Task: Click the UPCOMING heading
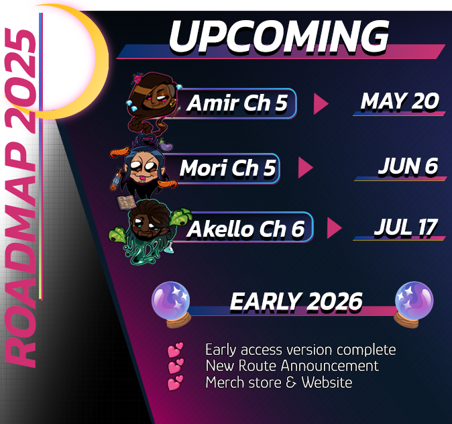click(279, 38)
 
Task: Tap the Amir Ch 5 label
click(237, 103)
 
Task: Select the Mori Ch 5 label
click(228, 168)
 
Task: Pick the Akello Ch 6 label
click(245, 229)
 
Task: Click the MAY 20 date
click(400, 101)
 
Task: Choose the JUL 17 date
click(406, 228)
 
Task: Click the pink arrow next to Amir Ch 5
click(321, 103)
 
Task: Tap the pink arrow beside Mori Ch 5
click(306, 168)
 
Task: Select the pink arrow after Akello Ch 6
click(335, 228)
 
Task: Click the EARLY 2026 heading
click(296, 302)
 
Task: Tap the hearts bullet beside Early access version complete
click(175, 350)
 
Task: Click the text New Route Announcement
click(292, 366)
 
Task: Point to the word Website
click(327, 382)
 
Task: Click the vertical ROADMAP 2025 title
click(21, 198)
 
